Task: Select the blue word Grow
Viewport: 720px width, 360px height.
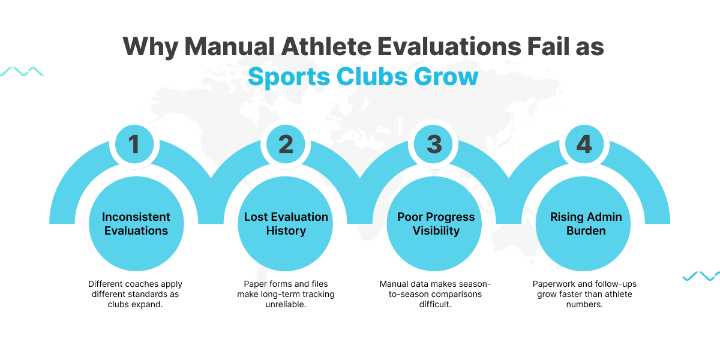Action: tap(448, 77)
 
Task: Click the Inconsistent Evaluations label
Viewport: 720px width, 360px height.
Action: tap(136, 223)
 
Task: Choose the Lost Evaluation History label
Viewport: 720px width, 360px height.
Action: tap(286, 223)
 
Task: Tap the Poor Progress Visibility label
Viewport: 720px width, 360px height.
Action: tap(436, 223)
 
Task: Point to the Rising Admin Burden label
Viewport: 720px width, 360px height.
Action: tap(586, 223)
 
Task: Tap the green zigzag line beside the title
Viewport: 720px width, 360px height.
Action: tap(22, 71)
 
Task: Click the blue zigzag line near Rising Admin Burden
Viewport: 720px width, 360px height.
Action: tap(701, 276)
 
